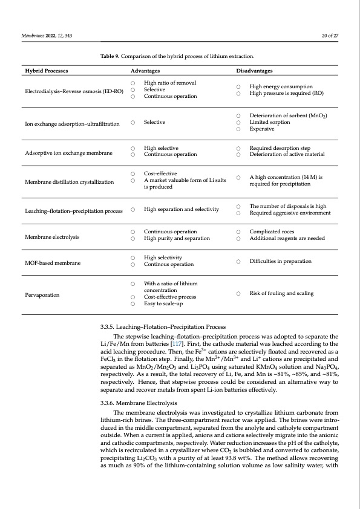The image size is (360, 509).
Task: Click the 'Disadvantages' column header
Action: pos(254,70)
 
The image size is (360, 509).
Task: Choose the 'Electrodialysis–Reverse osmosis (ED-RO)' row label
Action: pos(74,90)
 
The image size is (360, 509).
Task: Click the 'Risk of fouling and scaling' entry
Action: pos(281,293)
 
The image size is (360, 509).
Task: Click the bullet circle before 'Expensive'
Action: pos(239,129)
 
